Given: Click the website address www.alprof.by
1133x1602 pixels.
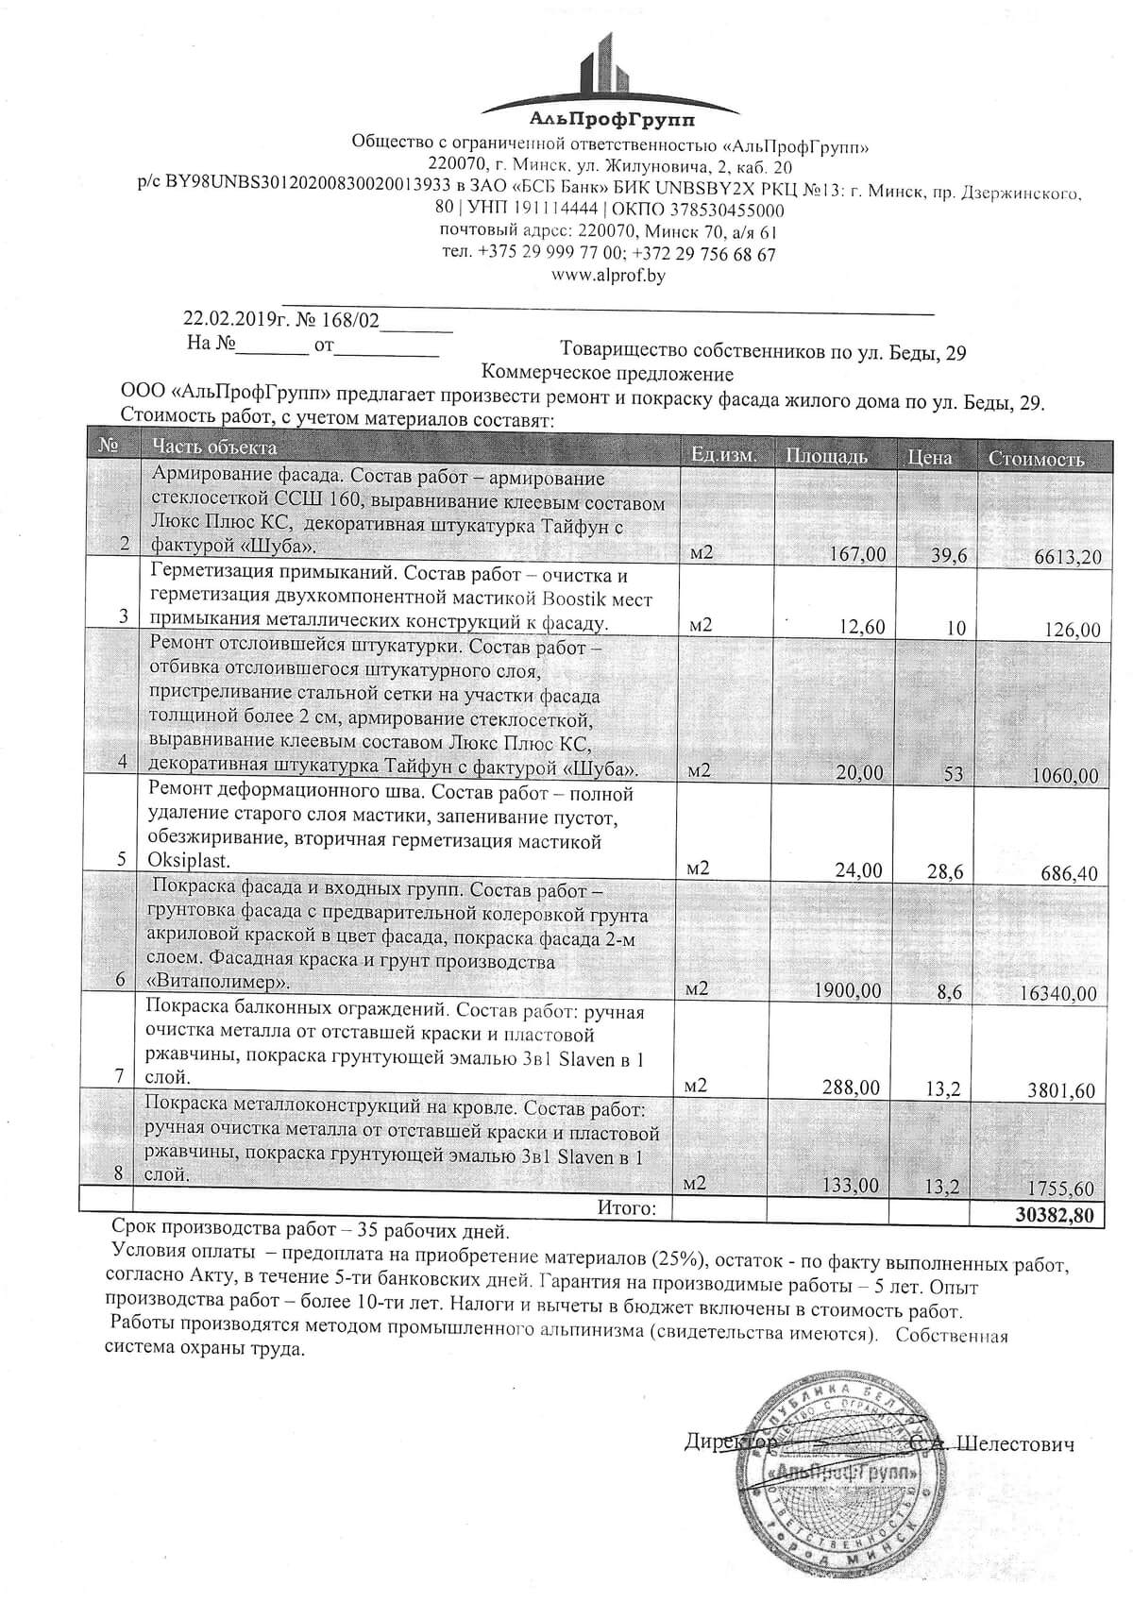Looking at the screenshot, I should pyautogui.click(x=609, y=276).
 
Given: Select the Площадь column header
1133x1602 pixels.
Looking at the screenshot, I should pyautogui.click(x=826, y=457).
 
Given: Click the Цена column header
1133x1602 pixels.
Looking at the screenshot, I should pyautogui.click(x=929, y=458).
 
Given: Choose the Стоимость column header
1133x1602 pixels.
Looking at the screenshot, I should pyautogui.click(x=1036, y=459).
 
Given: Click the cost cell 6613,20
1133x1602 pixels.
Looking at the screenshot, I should pyautogui.click(x=1068, y=557).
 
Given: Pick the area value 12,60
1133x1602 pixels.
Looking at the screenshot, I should pyautogui.click(x=859, y=627).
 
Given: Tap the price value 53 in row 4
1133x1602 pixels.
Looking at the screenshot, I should pyautogui.click(x=953, y=774).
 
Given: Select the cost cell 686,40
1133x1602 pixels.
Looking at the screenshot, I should pyautogui.click(x=1070, y=873).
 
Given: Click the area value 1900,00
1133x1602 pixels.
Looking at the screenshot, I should pyautogui.click(x=848, y=990).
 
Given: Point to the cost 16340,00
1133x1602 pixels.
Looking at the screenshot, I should pyautogui.click(x=1058, y=993).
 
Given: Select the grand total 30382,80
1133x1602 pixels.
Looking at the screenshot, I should pyautogui.click(x=1054, y=1215).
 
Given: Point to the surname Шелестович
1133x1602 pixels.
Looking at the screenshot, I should pyautogui.click(x=1016, y=1443).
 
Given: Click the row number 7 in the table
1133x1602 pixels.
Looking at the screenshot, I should pyautogui.click(x=119, y=1075).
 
